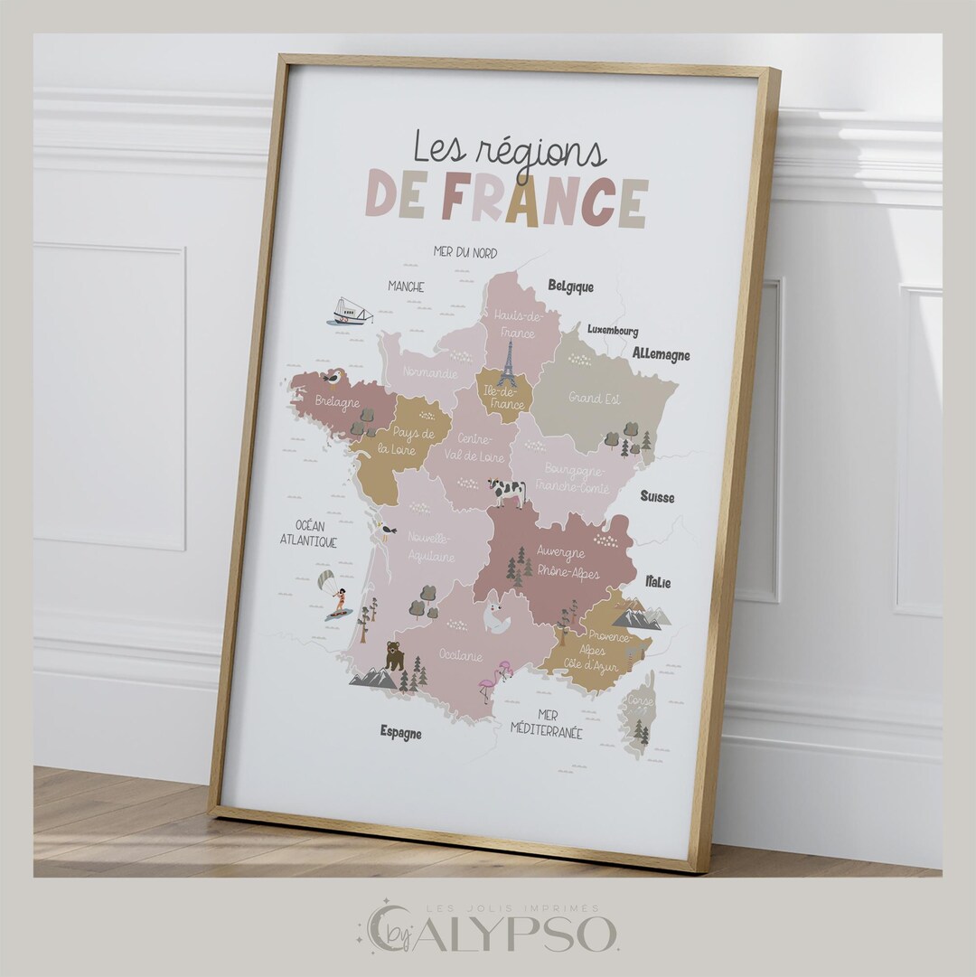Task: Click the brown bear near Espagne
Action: tap(394, 655)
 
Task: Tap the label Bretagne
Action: tap(337, 402)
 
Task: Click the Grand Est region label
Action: tap(592, 397)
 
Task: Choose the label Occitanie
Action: tap(461, 654)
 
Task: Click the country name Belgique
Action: tap(570, 287)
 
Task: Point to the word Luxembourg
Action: tap(613, 331)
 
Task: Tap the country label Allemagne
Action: tap(661, 354)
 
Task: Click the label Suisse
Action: tap(657, 496)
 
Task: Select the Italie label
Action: tap(658, 582)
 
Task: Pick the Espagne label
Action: tap(400, 732)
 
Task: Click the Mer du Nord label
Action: tap(465, 252)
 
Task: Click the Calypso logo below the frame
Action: tap(493, 928)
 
